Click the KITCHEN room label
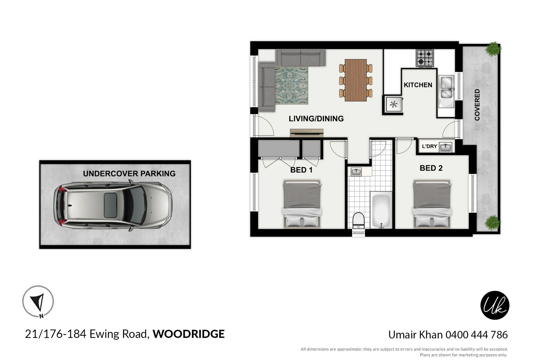tap(418, 85)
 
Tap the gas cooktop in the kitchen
tap(425, 58)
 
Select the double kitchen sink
tap(446, 88)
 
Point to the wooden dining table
tap(356, 80)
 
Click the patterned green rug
tap(291, 85)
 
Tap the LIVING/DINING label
tap(316, 119)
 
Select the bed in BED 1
tap(302, 204)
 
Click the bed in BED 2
tap(432, 204)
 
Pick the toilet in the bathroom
tap(359, 220)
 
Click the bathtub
tap(381, 210)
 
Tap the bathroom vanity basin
tap(356, 172)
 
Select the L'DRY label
tap(429, 146)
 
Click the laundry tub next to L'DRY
tap(445, 147)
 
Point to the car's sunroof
tap(110, 205)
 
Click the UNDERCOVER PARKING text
tap(129, 174)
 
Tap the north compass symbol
tap(38, 301)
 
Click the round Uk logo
tap(495, 305)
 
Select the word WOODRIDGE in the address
tap(188, 334)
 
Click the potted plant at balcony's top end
tap(493, 49)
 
